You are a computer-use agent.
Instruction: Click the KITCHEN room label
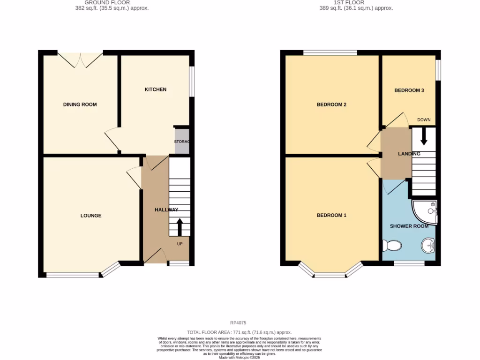[x=155, y=89]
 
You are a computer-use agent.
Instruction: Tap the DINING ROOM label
[x=80, y=105]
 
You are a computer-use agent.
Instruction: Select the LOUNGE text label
[x=91, y=216]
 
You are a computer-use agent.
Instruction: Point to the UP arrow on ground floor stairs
[x=179, y=227]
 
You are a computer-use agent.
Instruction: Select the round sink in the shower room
[x=428, y=245]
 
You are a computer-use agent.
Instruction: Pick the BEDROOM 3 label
[x=409, y=90]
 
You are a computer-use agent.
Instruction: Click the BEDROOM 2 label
[x=331, y=105]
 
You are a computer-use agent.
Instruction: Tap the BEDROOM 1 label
[x=331, y=216]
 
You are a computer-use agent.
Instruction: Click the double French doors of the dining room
[x=80, y=60]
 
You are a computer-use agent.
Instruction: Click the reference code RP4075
[x=238, y=322]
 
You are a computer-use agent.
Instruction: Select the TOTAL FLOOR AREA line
[x=240, y=331]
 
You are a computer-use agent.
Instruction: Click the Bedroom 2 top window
[x=330, y=52]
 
